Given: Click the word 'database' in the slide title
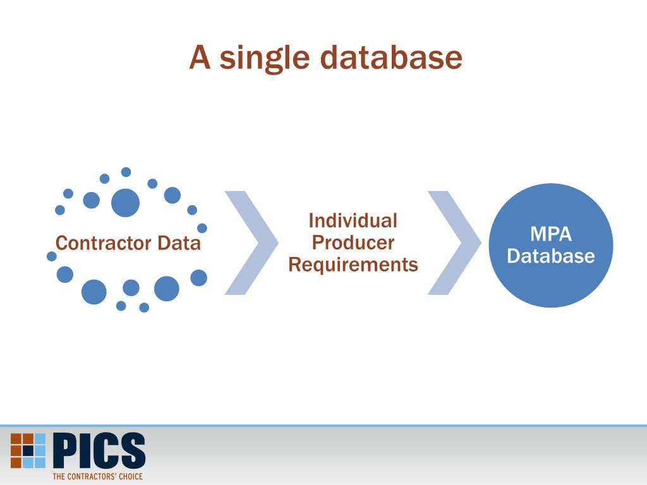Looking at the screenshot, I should [x=391, y=58].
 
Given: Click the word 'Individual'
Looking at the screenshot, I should [x=353, y=221].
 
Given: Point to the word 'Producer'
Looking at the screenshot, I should [x=353, y=243].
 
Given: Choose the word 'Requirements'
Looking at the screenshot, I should [x=353, y=265].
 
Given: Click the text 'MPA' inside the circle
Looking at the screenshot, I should [x=550, y=234].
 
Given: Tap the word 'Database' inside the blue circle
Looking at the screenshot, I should [x=550, y=256].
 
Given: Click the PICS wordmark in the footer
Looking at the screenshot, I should [x=99, y=450].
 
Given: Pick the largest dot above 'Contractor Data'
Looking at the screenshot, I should [x=125, y=203].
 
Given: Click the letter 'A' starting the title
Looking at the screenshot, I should [x=200, y=58].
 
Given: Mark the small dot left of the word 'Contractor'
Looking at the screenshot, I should [x=52, y=256].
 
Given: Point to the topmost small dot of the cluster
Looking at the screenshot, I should [x=126, y=172].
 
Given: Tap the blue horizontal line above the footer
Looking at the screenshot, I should [x=323, y=426].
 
